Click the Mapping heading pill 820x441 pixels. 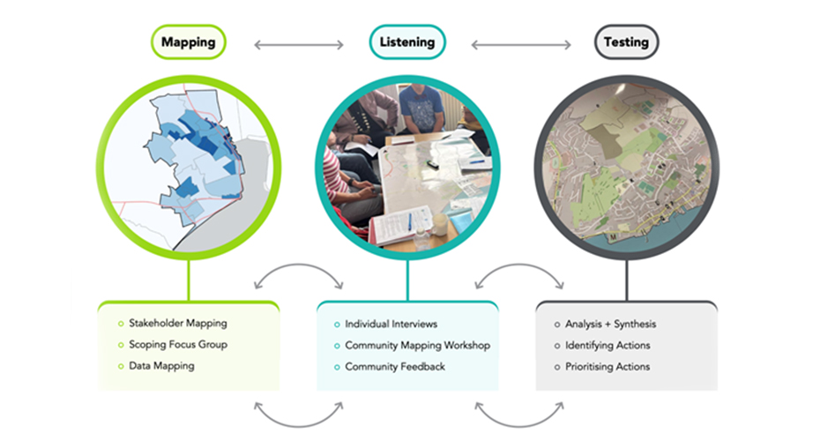(x=189, y=41)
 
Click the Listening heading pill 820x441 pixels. (x=407, y=41)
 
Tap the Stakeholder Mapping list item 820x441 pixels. (x=177, y=324)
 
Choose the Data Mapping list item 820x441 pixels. (x=161, y=366)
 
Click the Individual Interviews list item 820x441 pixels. (x=391, y=324)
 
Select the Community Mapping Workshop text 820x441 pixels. (x=417, y=345)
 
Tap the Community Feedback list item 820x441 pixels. (x=395, y=366)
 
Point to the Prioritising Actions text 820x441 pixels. (x=608, y=366)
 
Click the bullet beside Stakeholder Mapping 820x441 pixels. (x=119, y=324)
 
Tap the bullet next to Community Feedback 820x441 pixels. (x=336, y=366)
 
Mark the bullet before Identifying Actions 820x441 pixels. (x=556, y=345)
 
